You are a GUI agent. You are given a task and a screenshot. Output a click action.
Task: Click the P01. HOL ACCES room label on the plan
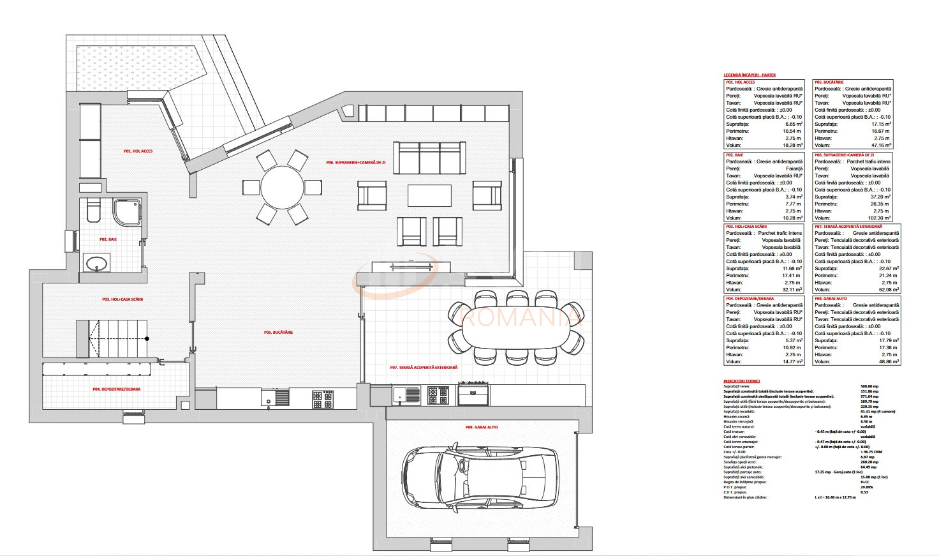(138, 151)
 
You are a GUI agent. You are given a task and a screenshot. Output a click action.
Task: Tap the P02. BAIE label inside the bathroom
(108, 239)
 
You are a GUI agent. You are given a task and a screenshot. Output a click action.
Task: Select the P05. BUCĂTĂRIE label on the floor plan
(278, 333)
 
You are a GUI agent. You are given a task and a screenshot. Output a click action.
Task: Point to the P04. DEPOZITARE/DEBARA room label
(117, 389)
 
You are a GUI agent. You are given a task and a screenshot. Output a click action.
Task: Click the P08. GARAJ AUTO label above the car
(482, 427)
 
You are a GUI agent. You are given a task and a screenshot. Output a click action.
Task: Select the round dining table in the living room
(282, 187)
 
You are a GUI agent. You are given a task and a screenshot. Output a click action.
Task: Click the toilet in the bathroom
(93, 210)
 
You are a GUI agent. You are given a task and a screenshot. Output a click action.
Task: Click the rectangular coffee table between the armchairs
(430, 195)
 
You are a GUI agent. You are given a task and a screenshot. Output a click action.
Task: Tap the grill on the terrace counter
(473, 393)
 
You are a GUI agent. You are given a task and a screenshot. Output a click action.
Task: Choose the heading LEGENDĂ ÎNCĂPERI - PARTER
(750, 75)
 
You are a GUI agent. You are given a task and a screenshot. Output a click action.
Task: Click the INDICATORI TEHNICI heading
(741, 380)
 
